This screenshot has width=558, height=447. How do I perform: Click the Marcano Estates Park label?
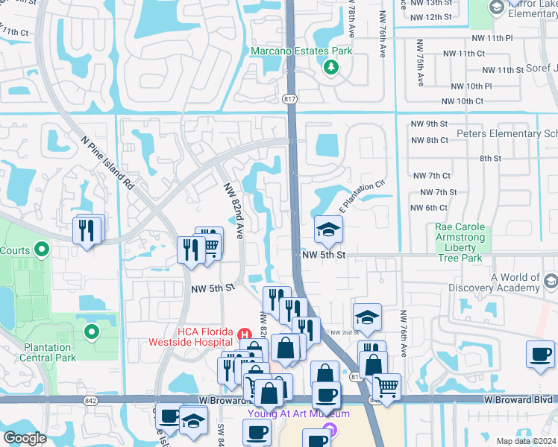301,51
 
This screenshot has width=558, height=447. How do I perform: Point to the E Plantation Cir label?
363,196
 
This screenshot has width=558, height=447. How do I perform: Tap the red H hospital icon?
242,332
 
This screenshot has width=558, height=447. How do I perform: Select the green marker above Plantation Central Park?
92,332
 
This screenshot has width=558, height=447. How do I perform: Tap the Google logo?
25,438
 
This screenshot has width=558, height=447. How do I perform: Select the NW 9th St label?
429,124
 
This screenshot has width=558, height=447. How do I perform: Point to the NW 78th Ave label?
351,22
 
